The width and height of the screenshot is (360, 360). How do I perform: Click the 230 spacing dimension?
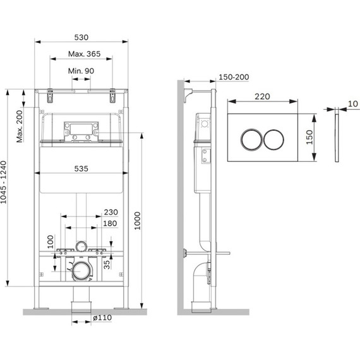(111, 212)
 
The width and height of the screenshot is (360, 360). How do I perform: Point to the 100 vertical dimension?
(51, 242)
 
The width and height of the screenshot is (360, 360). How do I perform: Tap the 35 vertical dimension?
(107, 265)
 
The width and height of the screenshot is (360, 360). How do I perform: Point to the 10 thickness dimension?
(352, 104)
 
